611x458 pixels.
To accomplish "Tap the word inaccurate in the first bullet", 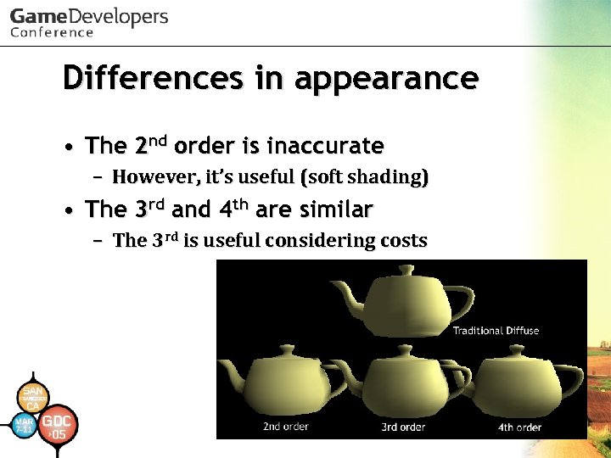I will (325, 147).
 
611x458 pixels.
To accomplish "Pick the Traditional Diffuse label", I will (496, 330).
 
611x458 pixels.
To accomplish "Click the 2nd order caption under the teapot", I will (286, 427).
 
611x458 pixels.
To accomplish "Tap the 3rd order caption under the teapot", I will (402, 427).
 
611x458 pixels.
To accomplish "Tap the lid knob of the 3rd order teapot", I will (402, 349).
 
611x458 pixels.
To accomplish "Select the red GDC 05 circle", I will (58, 426).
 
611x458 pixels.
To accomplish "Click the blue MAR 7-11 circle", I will (24, 425).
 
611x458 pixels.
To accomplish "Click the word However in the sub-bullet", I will (153, 178).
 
